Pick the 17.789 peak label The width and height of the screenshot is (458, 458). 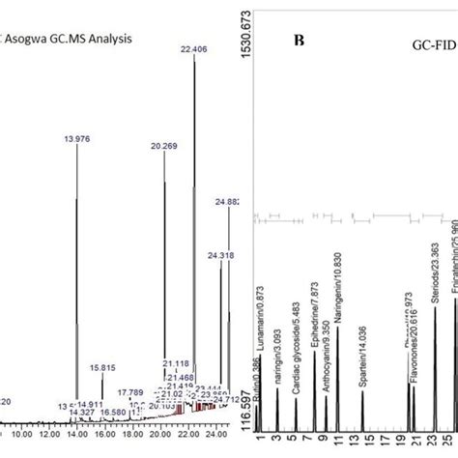click(x=130, y=392)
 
